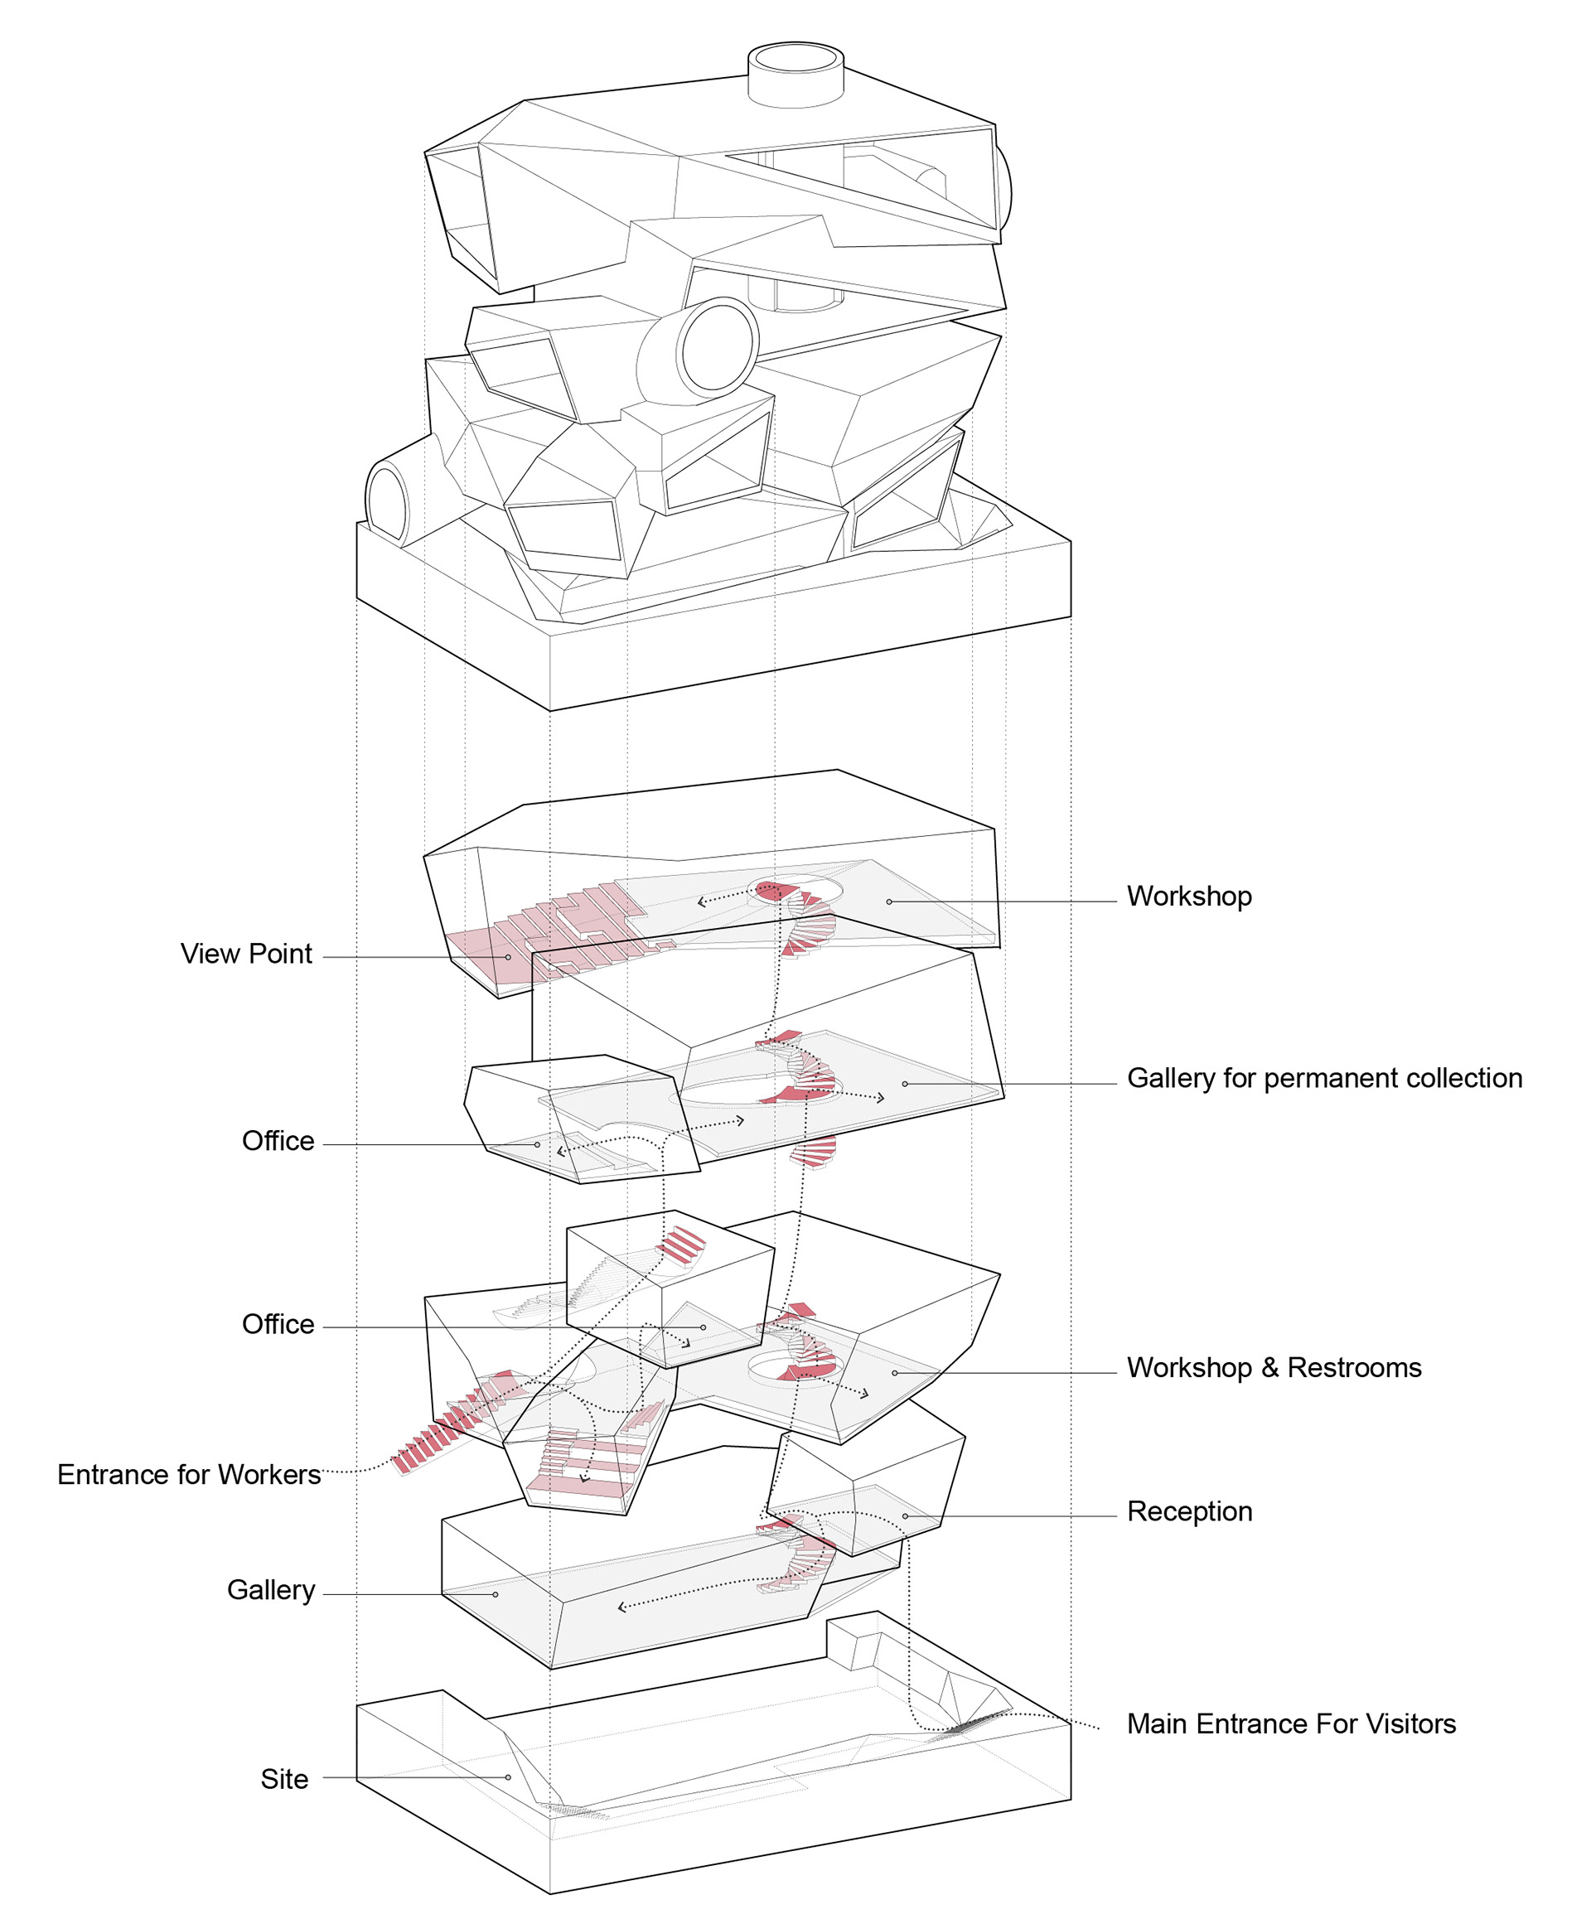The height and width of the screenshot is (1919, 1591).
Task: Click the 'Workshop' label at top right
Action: click(1188, 897)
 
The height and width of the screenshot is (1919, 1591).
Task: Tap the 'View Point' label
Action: click(246, 954)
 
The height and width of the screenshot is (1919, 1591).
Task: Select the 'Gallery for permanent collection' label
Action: click(1324, 1078)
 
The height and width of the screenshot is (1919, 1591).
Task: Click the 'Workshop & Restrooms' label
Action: click(1274, 1368)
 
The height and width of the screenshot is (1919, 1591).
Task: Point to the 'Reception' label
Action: click(1189, 1511)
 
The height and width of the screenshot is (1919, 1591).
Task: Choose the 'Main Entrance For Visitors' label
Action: click(1290, 1724)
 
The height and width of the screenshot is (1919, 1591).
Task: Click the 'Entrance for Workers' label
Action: click(189, 1475)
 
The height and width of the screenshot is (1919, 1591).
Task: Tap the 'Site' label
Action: click(284, 1779)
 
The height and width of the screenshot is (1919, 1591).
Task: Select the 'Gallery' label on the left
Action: click(270, 1590)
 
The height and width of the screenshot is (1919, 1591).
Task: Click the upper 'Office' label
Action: click(278, 1141)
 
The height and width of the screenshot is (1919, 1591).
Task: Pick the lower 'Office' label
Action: click(278, 1325)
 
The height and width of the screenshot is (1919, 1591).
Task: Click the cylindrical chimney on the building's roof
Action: click(795, 73)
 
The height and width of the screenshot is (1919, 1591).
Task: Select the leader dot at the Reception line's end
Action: click(906, 1516)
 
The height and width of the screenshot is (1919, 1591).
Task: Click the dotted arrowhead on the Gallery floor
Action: click(622, 1607)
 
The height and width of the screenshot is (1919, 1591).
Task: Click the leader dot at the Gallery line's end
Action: click(496, 1594)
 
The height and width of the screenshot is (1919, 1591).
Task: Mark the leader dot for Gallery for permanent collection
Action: click(905, 1084)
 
